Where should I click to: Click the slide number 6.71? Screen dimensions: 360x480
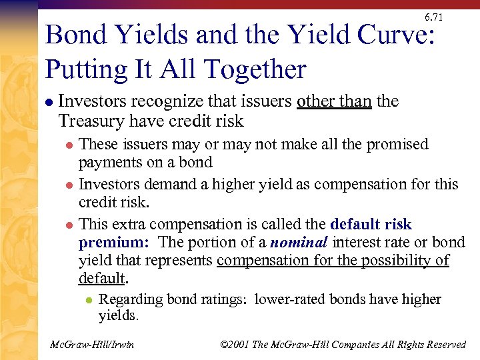(433, 17)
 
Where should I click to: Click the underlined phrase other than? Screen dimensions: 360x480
(334, 101)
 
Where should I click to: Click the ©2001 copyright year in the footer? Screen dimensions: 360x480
(235, 344)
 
